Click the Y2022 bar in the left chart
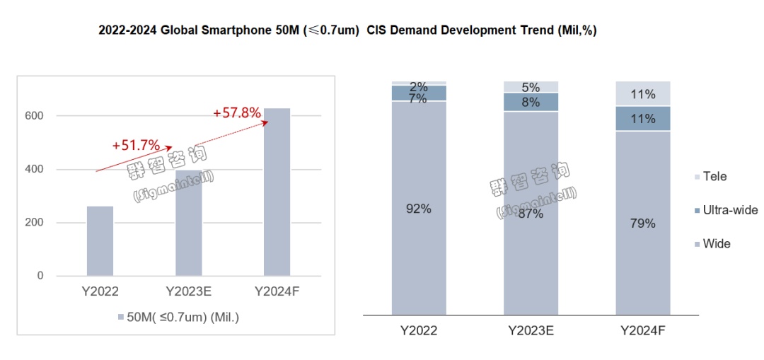[x=100, y=240]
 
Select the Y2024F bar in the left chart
[x=277, y=192]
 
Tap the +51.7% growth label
[x=136, y=146]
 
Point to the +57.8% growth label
[x=237, y=112]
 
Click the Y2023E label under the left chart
[x=188, y=291]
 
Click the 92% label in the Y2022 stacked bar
[x=419, y=209]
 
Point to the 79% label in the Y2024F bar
[x=643, y=223]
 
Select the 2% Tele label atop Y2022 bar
[x=419, y=86]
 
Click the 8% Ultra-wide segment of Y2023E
[x=531, y=102]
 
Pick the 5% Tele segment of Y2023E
[x=531, y=87]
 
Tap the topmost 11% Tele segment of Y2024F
[x=643, y=93]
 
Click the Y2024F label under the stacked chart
[x=643, y=330]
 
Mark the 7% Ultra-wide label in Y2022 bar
[x=419, y=98]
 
